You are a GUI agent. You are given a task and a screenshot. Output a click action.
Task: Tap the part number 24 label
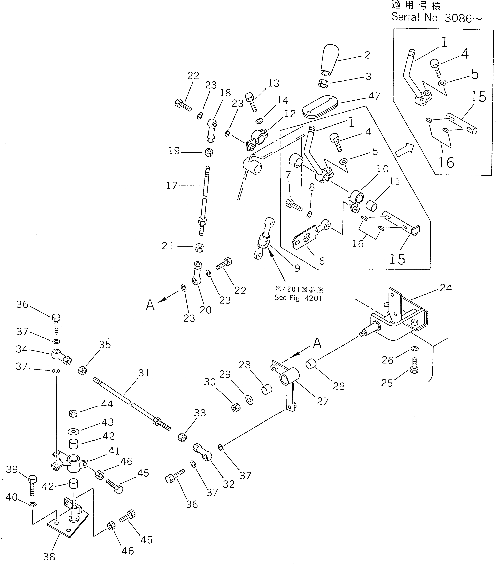(x=445, y=288)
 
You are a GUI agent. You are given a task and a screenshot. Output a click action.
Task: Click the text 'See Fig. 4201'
(x=298, y=298)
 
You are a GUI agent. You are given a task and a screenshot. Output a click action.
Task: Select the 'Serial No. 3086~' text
(x=437, y=18)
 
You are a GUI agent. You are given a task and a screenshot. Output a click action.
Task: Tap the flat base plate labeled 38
(x=68, y=525)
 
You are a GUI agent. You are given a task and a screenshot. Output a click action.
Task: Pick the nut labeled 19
(x=209, y=152)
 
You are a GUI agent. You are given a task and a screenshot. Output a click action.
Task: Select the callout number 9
(x=297, y=268)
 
